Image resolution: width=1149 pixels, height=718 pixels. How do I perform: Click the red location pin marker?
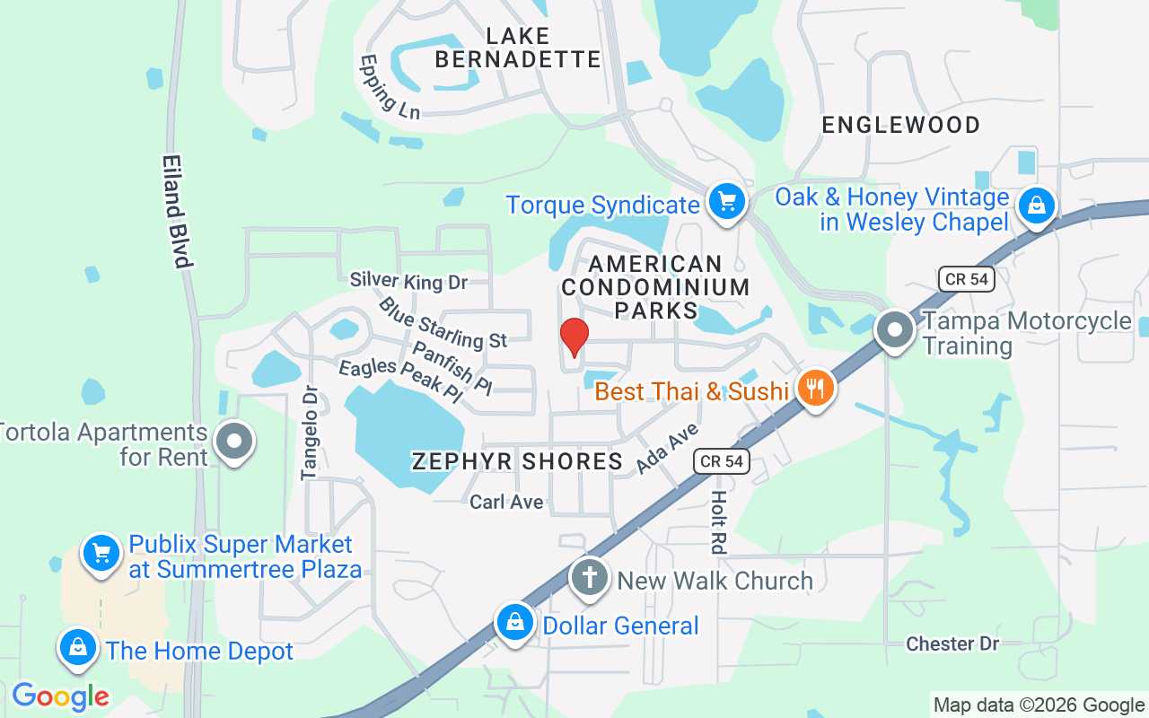(574, 337)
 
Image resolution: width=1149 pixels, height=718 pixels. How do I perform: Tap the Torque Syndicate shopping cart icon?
(726, 202)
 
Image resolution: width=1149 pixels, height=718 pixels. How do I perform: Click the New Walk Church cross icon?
(590, 577)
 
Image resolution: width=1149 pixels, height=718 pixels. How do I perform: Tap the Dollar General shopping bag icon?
(515, 622)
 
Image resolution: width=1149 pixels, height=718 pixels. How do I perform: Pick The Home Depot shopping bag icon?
(78, 648)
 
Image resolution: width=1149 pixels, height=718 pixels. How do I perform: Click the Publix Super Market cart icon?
(101, 553)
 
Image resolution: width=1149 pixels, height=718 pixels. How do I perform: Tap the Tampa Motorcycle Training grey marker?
(894, 329)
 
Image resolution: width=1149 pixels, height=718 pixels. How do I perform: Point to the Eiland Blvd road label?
(177, 211)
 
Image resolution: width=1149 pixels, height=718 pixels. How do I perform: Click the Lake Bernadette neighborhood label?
(517, 48)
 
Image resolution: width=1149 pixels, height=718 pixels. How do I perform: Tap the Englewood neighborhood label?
(901, 125)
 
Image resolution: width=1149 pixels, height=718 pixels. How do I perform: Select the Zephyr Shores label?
(517, 461)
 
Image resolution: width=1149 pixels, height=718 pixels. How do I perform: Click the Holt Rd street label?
(719, 521)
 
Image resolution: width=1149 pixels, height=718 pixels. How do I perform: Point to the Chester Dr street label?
(952, 644)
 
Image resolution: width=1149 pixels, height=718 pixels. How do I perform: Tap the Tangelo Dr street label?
(311, 433)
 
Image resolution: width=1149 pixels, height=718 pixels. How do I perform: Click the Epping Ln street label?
(390, 86)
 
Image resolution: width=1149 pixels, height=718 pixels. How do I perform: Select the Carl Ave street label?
(506, 502)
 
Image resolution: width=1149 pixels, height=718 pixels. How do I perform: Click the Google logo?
(60, 696)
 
